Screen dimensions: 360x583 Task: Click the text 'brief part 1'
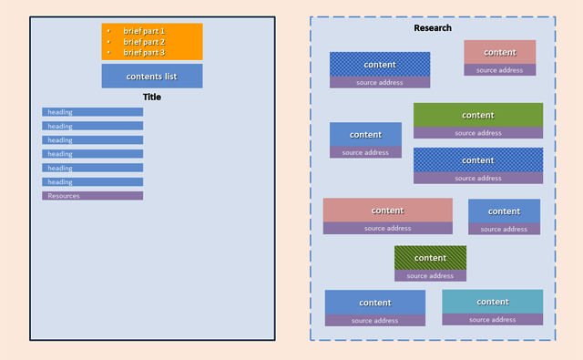[x=144, y=31]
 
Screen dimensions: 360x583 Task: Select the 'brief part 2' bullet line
[x=144, y=42]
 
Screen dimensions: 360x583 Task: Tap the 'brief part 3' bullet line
[x=144, y=53]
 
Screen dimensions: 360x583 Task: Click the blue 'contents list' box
[x=151, y=76]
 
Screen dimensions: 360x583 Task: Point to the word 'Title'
[x=151, y=97]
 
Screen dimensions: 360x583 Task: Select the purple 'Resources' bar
[x=92, y=196]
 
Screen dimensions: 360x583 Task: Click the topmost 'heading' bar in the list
[x=92, y=112]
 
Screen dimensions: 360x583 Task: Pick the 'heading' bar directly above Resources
[x=92, y=182]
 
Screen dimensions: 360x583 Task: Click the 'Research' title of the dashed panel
[x=432, y=28]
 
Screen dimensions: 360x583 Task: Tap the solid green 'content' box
[x=477, y=115]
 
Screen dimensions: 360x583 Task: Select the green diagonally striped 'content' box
[x=430, y=257]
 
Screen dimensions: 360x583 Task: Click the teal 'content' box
[x=492, y=302]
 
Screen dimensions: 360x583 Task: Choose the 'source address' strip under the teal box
[x=492, y=320]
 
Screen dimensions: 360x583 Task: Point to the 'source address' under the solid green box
[x=477, y=133]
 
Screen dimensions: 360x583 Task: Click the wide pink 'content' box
[x=387, y=211]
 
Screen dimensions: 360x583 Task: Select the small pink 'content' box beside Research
[x=499, y=52]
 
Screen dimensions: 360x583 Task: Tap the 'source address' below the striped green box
[x=430, y=275]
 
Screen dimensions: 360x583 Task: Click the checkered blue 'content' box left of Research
[x=380, y=64]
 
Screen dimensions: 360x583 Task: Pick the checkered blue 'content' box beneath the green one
[x=477, y=159]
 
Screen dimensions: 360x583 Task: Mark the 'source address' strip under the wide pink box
[x=387, y=229]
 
